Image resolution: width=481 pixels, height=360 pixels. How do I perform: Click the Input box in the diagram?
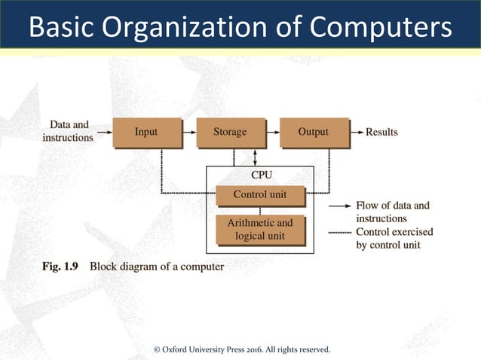coord(147,133)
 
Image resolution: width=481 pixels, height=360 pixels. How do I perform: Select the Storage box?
coord(230,133)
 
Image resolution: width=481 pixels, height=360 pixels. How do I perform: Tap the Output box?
coord(314,133)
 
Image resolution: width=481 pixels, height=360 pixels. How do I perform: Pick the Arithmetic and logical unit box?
coord(260,229)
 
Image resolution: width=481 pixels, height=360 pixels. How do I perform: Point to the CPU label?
coord(260,175)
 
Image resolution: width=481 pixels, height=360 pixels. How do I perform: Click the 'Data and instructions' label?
coord(69,131)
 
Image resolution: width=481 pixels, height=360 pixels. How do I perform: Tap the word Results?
coord(381,133)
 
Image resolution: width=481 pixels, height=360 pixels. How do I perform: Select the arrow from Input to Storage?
coord(188,133)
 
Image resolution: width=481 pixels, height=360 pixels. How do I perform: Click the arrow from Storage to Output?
coord(271,133)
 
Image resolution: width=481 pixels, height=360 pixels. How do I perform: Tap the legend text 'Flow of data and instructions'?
coord(392,212)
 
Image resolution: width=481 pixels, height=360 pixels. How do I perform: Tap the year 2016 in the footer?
coord(256,349)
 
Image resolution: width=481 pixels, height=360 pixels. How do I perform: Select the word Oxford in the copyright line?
coord(175,349)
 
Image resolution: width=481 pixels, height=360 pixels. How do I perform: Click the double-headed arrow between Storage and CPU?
coord(256,157)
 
